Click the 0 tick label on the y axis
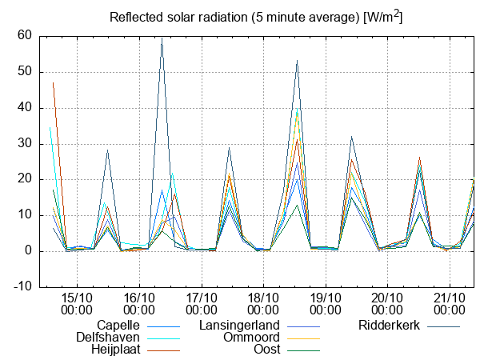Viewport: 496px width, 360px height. point(26,251)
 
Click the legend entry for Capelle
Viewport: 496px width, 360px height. point(118,326)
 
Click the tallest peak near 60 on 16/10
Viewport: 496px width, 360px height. point(162,38)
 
